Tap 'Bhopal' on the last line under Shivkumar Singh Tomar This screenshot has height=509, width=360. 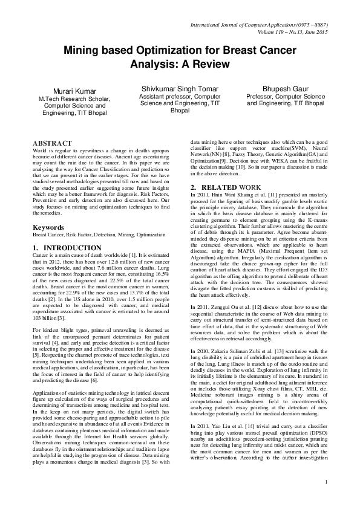point(180,111)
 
